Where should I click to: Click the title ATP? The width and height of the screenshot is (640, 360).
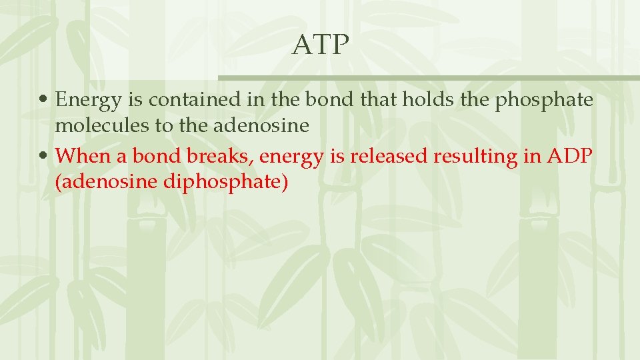pos(321,45)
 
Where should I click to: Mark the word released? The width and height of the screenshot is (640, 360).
pos(386,156)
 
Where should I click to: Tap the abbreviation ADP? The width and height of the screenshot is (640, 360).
pos(571,156)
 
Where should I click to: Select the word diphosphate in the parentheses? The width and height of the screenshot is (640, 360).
pos(225,182)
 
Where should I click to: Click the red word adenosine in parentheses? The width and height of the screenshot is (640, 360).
pos(107,181)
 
